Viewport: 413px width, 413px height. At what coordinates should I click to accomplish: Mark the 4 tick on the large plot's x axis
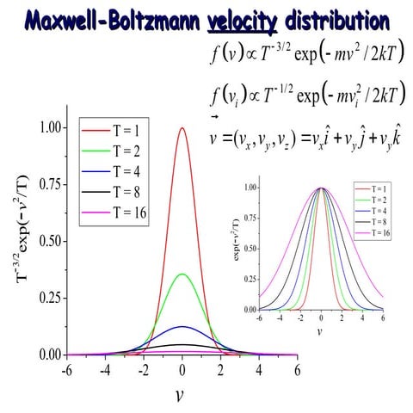tap(258, 371)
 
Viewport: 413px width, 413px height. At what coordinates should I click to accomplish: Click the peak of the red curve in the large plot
tap(182, 128)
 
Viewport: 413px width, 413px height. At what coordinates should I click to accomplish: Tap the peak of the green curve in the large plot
tap(182, 274)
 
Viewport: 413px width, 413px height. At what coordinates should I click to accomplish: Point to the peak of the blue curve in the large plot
tap(182, 327)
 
